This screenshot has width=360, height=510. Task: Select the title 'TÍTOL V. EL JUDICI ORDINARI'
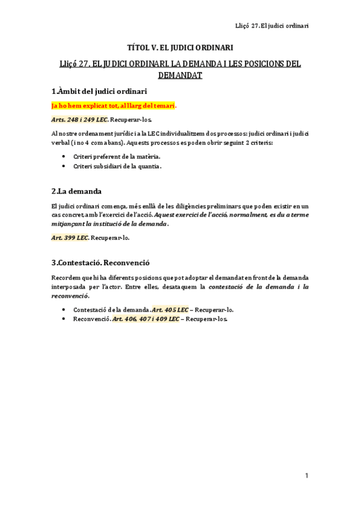[180, 47]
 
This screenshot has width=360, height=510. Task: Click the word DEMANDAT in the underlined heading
[180, 75]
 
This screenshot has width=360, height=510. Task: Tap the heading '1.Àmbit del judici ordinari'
[99, 91]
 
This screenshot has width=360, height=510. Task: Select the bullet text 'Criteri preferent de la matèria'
[117, 156]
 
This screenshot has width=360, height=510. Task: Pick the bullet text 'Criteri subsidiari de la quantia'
[117, 166]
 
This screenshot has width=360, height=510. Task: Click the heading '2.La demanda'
[76, 191]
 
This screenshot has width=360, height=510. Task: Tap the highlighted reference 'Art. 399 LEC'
[70, 238]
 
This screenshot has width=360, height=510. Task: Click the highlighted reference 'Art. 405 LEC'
[170, 310]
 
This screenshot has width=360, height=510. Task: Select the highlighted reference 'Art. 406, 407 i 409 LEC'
[146, 319]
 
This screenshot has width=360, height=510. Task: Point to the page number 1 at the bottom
[307, 476]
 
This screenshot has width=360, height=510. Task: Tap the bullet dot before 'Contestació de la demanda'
[64, 310]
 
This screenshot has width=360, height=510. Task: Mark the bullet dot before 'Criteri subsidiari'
[64, 166]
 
